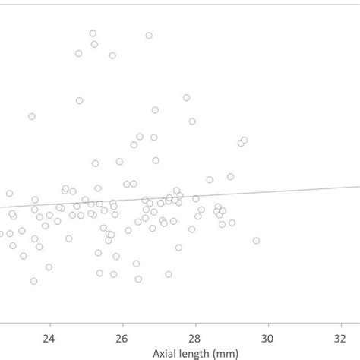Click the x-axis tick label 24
coord(49,339)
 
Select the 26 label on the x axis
coord(122,339)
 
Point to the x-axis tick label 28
coord(194,339)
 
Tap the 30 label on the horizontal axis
coord(267,339)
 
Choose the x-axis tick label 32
coord(339,339)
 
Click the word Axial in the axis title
coord(167,354)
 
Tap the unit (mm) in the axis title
coord(231,354)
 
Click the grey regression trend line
coord(304,189)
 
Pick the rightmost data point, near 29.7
coord(257,241)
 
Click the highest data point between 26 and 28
coord(149,36)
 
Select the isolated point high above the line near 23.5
coord(32,116)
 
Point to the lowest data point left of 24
coord(34,281)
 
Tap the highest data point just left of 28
coord(186,97)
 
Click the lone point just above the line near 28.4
coord(210,180)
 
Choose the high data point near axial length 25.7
coord(112,55)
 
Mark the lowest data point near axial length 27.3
coord(169,274)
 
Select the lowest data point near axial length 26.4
coord(138,279)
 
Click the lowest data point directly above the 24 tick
coord(49,267)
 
